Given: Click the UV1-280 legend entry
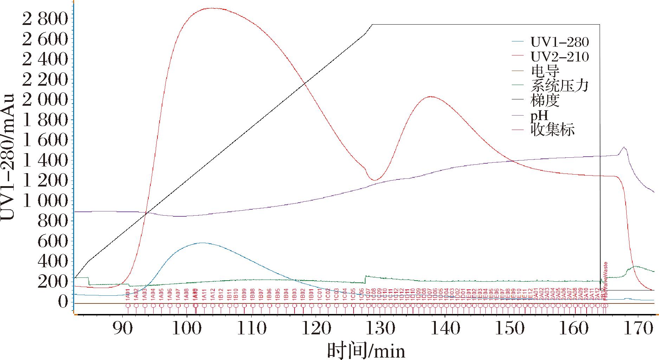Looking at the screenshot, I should (x=559, y=42).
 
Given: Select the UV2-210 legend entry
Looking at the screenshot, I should (x=559, y=57).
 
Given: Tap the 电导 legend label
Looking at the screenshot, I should (x=544, y=71).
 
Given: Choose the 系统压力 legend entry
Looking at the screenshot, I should (x=559, y=86).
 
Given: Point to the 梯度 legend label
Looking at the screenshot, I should (x=544, y=100).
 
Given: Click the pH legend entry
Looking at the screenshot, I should (x=539, y=115).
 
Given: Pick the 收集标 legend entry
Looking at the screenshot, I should (x=552, y=130).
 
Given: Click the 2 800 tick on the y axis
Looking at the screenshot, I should (x=45, y=19).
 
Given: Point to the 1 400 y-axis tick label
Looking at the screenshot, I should (x=45, y=161).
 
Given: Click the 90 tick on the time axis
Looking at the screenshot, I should (x=122, y=328).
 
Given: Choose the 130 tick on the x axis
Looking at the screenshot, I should (x=380, y=328).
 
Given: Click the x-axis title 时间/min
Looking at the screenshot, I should (x=366, y=350).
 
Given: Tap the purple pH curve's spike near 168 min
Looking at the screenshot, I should (x=624, y=147).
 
